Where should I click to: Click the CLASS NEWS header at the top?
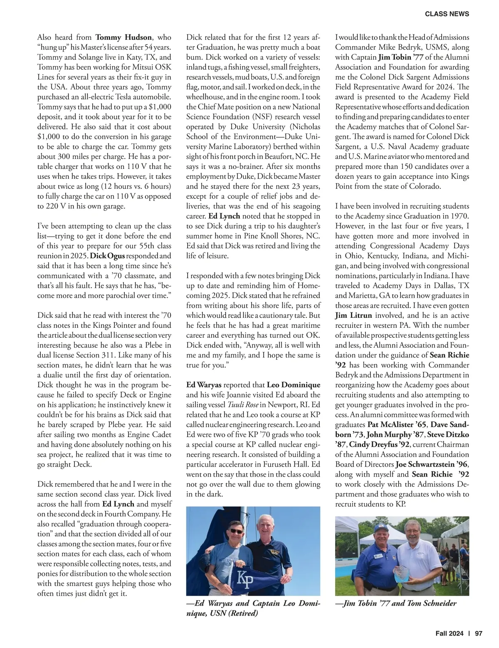[447, 14]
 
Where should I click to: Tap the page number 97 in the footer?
[478, 634]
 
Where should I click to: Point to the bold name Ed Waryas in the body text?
[204, 385]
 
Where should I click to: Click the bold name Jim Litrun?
[353, 315]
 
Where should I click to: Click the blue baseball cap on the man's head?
[380, 529]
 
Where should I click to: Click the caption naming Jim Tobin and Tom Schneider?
[396, 603]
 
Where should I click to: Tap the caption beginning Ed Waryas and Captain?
[253, 608]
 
